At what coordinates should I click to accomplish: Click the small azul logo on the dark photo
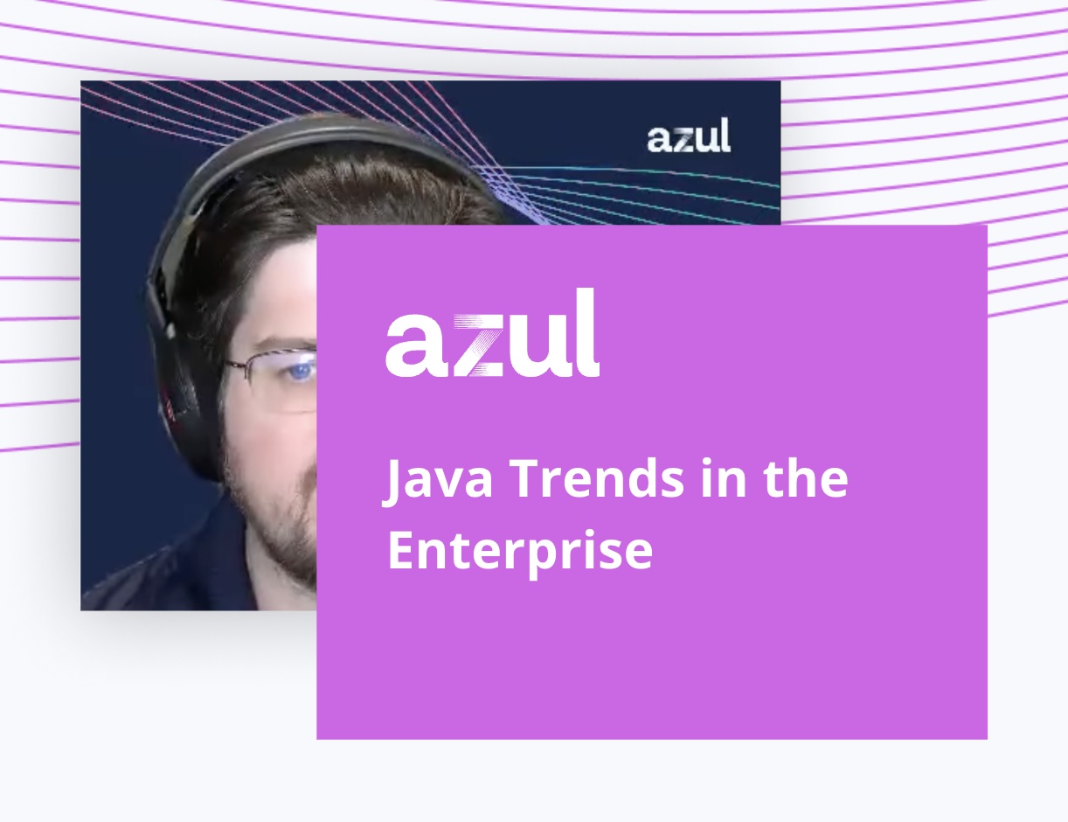click(x=689, y=134)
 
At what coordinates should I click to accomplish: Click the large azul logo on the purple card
click(x=492, y=332)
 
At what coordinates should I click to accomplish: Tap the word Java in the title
click(x=437, y=479)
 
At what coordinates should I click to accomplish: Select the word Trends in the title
click(x=598, y=478)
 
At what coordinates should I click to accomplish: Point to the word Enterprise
click(x=520, y=552)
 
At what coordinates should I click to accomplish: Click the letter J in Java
click(x=396, y=482)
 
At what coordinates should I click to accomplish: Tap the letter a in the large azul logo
click(x=417, y=345)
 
